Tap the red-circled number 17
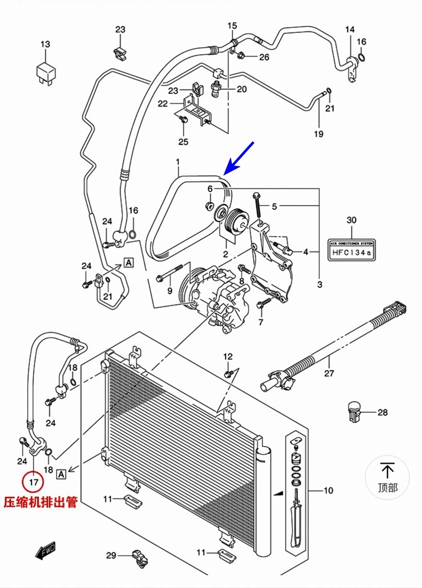pyautogui.click(x=33, y=482)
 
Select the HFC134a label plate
pyautogui.click(x=351, y=247)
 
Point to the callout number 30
pyautogui.click(x=351, y=220)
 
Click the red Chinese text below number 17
pyautogui.click(x=41, y=502)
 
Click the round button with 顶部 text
pyautogui.click(x=388, y=477)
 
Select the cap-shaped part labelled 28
pyautogui.click(x=355, y=411)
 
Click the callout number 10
pyautogui.click(x=328, y=491)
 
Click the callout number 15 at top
pyautogui.click(x=232, y=26)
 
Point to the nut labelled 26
pyautogui.click(x=241, y=56)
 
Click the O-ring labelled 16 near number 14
pyautogui.click(x=362, y=57)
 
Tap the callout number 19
pyautogui.click(x=319, y=135)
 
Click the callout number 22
pyautogui.click(x=163, y=104)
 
